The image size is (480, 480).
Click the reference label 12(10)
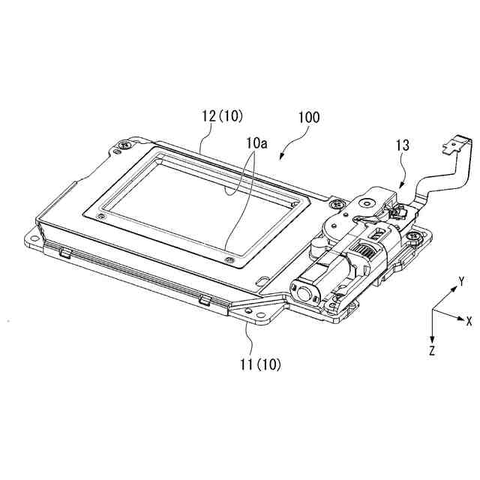click(x=222, y=117)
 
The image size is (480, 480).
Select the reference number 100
click(x=309, y=118)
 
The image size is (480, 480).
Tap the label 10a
click(x=256, y=143)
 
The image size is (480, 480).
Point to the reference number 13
click(x=403, y=145)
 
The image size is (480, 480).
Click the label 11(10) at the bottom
click(x=260, y=364)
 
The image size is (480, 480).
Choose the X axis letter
click(x=469, y=321)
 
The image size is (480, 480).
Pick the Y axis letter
click(x=461, y=280)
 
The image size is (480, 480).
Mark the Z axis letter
click(x=432, y=351)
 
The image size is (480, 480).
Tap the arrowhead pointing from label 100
click(x=282, y=155)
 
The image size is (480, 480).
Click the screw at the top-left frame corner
click(x=124, y=145)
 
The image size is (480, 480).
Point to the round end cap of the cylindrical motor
click(x=304, y=293)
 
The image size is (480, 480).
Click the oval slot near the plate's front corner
click(x=262, y=280)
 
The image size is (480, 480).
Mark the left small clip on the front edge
click(x=65, y=252)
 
